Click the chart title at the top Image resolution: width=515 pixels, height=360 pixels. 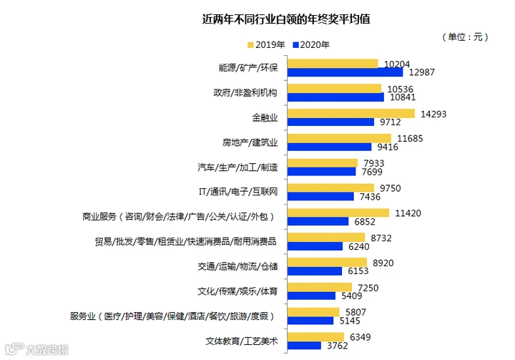click(286, 19)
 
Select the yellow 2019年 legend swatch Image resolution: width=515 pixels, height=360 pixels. click(250, 44)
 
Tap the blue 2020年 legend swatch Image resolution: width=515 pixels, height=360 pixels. click(295, 44)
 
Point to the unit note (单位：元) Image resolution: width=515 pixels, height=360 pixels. click(465, 37)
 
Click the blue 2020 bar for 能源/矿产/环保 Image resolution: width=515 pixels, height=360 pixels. click(345, 72)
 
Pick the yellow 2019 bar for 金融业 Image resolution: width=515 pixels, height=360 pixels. click(351, 113)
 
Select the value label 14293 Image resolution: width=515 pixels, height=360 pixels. click(433, 114)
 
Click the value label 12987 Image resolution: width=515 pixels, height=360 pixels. click(422, 72)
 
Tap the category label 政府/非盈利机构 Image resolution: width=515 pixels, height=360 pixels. click(245, 93)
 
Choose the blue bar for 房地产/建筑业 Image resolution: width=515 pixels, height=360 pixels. click(330, 147)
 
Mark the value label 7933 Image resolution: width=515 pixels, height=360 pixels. click(374, 163)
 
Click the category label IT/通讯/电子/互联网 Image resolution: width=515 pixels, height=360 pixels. click(238, 192)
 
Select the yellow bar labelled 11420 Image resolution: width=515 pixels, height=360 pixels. click(338, 213)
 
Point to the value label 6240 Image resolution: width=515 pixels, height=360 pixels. click(358, 247)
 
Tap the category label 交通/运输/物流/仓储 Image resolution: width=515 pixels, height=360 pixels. click(237, 266)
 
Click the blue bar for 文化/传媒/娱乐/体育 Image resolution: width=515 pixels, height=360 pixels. click(311, 296)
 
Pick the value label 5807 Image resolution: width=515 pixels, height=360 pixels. click(355, 312)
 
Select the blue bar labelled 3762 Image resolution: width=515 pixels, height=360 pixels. click(304, 345)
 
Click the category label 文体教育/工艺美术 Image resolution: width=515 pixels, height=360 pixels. click(242, 341)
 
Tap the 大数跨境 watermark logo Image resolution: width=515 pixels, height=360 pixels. click(36, 349)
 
